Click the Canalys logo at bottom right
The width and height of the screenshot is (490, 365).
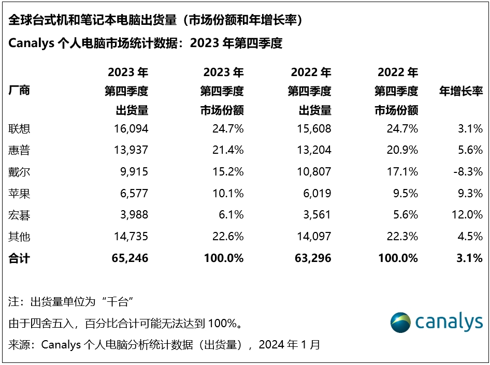point(436,322)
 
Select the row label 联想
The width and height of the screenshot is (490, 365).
point(20,128)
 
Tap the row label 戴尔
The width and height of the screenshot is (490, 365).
point(20,171)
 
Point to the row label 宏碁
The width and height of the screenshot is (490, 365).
point(20,215)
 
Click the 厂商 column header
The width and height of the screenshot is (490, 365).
point(20,91)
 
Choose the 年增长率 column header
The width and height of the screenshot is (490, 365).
point(461,91)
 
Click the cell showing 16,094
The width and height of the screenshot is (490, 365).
point(130,128)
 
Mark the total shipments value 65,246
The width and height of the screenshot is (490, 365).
point(129,258)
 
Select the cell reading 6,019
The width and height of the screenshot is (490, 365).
point(316,193)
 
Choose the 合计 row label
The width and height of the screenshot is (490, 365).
point(20,258)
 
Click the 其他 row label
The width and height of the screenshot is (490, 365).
point(20,237)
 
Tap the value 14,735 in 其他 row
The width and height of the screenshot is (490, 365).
point(130,237)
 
